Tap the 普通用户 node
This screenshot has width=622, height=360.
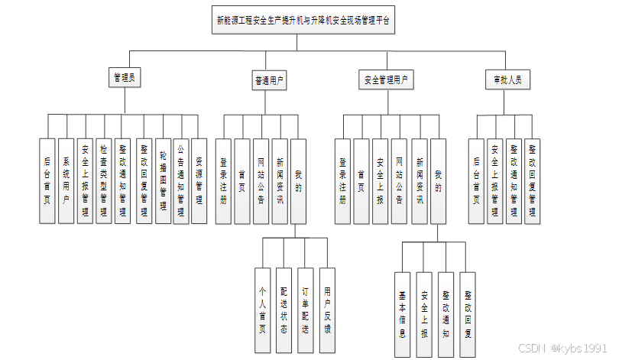[x=270, y=79]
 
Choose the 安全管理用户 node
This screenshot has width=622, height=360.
[x=385, y=79]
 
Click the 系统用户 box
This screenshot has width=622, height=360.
[x=66, y=180]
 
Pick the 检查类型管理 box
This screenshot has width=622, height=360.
[x=104, y=180]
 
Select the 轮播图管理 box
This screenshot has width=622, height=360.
[x=162, y=180]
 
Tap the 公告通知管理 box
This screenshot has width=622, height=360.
[x=180, y=180]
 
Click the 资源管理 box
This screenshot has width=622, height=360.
[x=199, y=180]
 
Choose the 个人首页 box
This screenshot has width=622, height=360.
[x=262, y=310]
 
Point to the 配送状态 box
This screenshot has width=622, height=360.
[x=283, y=310]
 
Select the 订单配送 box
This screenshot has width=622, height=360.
[x=305, y=310]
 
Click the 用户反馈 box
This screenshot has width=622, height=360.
[x=327, y=310]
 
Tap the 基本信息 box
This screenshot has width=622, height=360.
[x=403, y=313]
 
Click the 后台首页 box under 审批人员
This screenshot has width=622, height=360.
[x=477, y=180]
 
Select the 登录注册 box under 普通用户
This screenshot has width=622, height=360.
[x=224, y=180]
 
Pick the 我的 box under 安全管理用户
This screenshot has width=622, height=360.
[x=438, y=180]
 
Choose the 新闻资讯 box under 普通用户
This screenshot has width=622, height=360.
[x=280, y=180]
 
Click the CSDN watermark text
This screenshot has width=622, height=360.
[x=562, y=348]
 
